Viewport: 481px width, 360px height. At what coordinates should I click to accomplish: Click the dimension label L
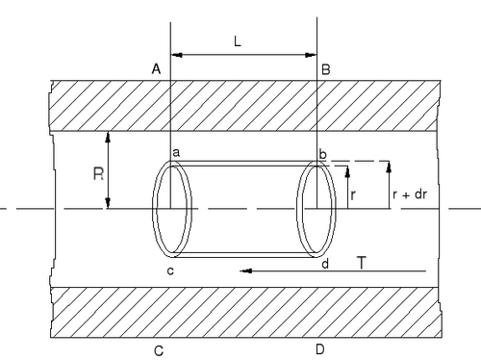click(238, 41)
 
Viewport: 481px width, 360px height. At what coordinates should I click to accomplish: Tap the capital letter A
click(156, 69)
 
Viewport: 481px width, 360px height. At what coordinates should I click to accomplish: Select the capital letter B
click(326, 69)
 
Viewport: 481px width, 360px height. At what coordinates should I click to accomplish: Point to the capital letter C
click(159, 351)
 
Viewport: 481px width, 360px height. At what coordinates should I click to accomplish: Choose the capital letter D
click(320, 349)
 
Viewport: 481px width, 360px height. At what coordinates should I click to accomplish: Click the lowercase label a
click(176, 153)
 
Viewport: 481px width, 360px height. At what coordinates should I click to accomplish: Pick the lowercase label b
click(322, 154)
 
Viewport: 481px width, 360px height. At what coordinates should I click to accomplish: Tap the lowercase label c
click(170, 271)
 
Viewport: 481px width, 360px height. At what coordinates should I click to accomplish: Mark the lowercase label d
click(325, 264)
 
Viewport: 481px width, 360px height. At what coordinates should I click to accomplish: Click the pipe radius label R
click(98, 174)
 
